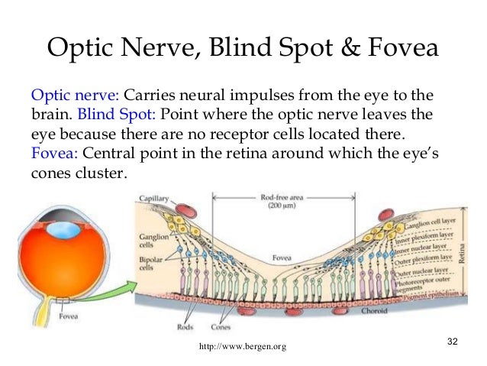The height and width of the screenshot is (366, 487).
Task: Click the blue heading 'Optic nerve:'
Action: click(x=74, y=97)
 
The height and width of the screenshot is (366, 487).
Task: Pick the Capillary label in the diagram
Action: click(x=153, y=199)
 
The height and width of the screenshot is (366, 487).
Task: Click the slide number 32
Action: click(x=452, y=339)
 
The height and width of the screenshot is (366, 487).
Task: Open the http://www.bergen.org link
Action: click(x=243, y=348)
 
